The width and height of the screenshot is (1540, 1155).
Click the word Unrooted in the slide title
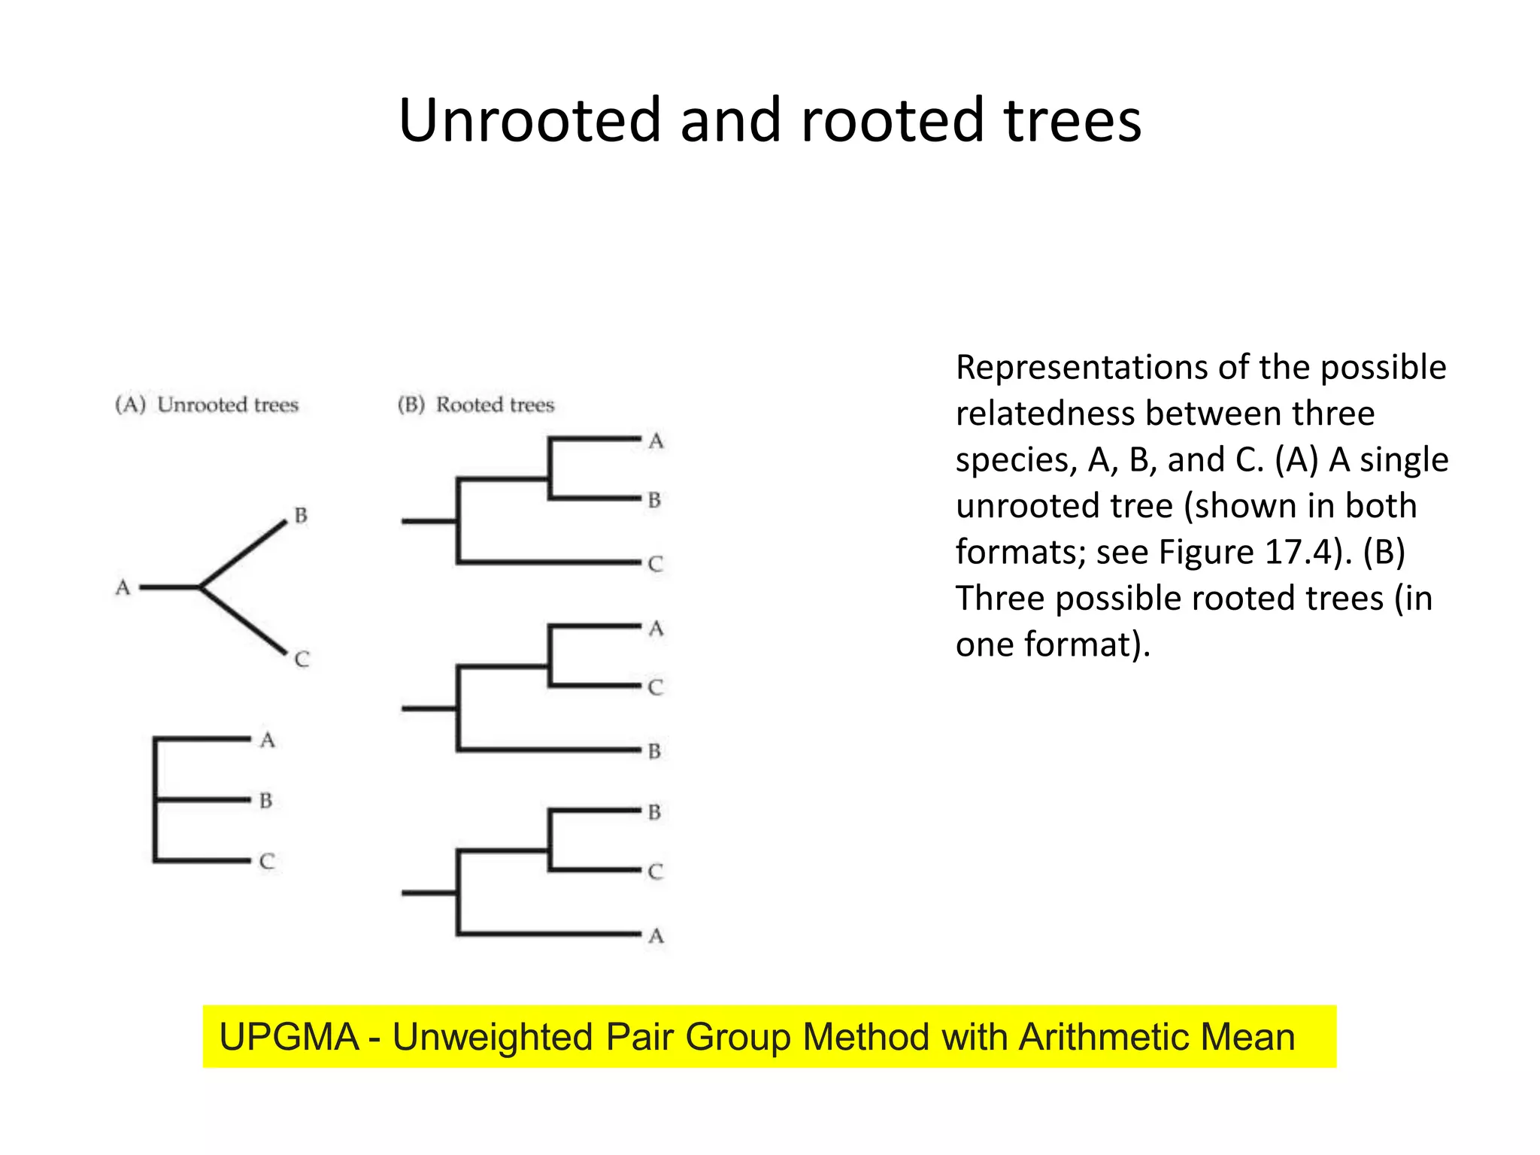click(x=529, y=120)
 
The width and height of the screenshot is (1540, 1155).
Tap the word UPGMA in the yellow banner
click(x=289, y=1037)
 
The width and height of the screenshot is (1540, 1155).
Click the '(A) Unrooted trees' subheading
click(x=207, y=405)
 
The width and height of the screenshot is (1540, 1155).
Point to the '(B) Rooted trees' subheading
click(x=476, y=405)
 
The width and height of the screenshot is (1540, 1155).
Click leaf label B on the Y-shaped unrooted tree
click(x=301, y=516)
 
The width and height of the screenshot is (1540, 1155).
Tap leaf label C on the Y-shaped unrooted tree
click(x=302, y=659)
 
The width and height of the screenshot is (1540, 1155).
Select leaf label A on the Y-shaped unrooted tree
click(x=123, y=587)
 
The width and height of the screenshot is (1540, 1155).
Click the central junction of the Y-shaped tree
click(x=200, y=587)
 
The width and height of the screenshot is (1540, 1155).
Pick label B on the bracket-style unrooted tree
click(x=265, y=800)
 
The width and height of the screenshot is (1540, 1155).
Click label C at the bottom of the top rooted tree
click(x=656, y=564)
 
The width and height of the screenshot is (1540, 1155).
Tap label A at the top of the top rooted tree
click(x=656, y=441)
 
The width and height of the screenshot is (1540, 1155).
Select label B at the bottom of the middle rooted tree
click(x=655, y=750)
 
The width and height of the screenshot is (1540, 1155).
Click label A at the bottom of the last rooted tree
click(x=656, y=935)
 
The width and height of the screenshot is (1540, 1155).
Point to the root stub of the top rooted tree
click(x=429, y=520)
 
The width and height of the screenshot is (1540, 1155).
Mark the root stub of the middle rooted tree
click(x=429, y=708)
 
